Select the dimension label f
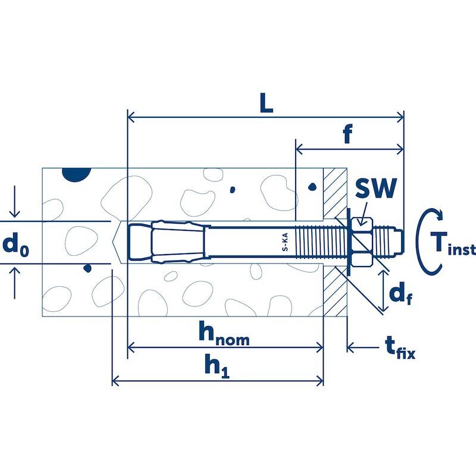pos(348,133)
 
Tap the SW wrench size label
pos(376,188)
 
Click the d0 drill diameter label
pos(16,245)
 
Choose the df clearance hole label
pos(400,292)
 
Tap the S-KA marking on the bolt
pos(285,242)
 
